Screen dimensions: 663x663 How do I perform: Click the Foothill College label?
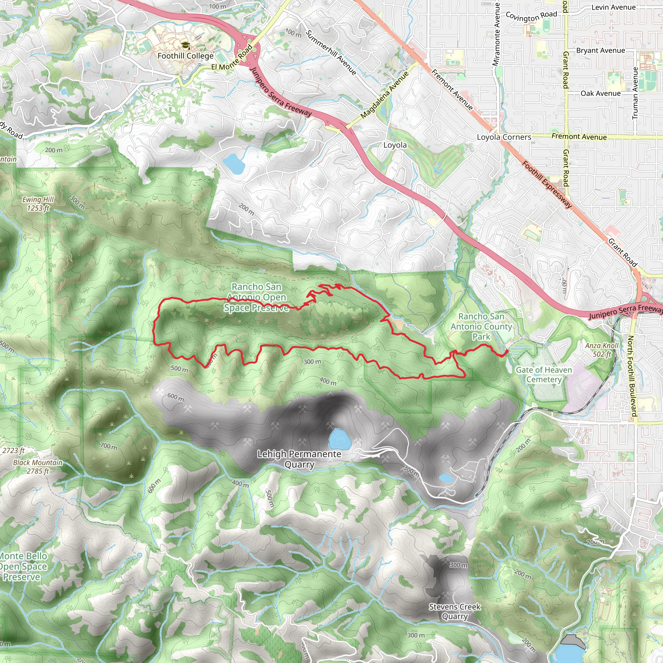(x=185, y=56)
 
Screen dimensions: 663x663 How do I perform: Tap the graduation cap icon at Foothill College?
(x=185, y=45)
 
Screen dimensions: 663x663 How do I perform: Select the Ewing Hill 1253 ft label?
(x=38, y=204)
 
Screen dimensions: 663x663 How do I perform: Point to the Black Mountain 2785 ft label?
(x=38, y=467)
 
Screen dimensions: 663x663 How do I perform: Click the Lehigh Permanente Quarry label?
(x=299, y=459)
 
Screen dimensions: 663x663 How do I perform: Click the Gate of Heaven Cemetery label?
(x=544, y=375)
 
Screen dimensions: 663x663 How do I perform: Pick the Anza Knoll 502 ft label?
(x=602, y=350)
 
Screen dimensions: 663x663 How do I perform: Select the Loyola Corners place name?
(x=504, y=137)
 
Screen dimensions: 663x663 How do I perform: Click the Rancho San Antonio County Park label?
(x=481, y=326)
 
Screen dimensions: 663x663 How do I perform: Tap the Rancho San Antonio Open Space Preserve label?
(x=256, y=297)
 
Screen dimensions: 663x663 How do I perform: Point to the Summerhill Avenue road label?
(x=331, y=52)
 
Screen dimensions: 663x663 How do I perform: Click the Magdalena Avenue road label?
(x=385, y=95)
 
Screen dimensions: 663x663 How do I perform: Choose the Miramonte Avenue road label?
(x=497, y=34)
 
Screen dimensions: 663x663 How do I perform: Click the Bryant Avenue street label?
(x=601, y=51)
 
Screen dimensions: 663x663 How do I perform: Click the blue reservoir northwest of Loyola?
(x=234, y=164)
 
